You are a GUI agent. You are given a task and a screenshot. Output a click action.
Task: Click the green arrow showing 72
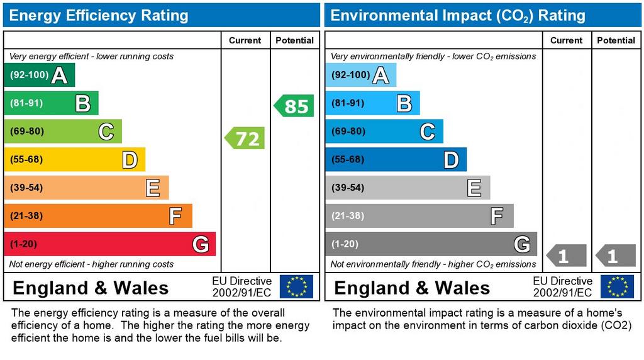pyautogui.click(x=245, y=138)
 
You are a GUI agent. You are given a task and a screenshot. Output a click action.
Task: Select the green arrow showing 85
pyautogui.click(x=294, y=106)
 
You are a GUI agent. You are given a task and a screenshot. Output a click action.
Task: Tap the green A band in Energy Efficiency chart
pyautogui.click(x=39, y=76)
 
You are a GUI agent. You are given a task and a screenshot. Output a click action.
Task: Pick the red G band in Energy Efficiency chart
pyautogui.click(x=109, y=244)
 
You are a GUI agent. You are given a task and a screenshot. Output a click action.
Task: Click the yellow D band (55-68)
pyautogui.click(x=74, y=160)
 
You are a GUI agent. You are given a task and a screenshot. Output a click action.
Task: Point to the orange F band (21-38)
pyautogui.click(x=97, y=216)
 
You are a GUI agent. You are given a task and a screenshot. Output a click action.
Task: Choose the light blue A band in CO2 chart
pyautogui.click(x=360, y=76)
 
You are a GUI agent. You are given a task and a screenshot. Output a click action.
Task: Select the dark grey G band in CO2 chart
pyautogui.click(x=431, y=244)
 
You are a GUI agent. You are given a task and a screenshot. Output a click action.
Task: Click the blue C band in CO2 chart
pyautogui.click(x=384, y=132)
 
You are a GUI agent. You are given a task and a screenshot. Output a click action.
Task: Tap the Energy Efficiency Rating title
pyautogui.click(x=99, y=15)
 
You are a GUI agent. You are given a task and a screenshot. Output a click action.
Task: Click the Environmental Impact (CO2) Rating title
pyautogui.click(x=458, y=15)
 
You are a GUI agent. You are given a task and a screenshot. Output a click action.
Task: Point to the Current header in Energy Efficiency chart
pyautogui.click(x=245, y=40)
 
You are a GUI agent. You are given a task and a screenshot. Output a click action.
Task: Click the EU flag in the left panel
pyautogui.click(x=296, y=286)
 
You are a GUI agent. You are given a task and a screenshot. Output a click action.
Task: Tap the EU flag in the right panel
pyautogui.click(x=617, y=286)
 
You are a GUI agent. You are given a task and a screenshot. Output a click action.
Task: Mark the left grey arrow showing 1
pyautogui.click(x=567, y=256)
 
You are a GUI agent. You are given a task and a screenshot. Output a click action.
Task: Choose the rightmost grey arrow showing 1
pyautogui.click(x=616, y=256)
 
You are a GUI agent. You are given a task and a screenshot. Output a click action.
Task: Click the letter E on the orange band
pyautogui.click(x=152, y=188)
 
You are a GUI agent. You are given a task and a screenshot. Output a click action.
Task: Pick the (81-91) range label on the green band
pyautogui.click(x=26, y=103)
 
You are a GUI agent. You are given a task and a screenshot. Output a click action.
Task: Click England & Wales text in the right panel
pyautogui.click(x=412, y=288)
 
